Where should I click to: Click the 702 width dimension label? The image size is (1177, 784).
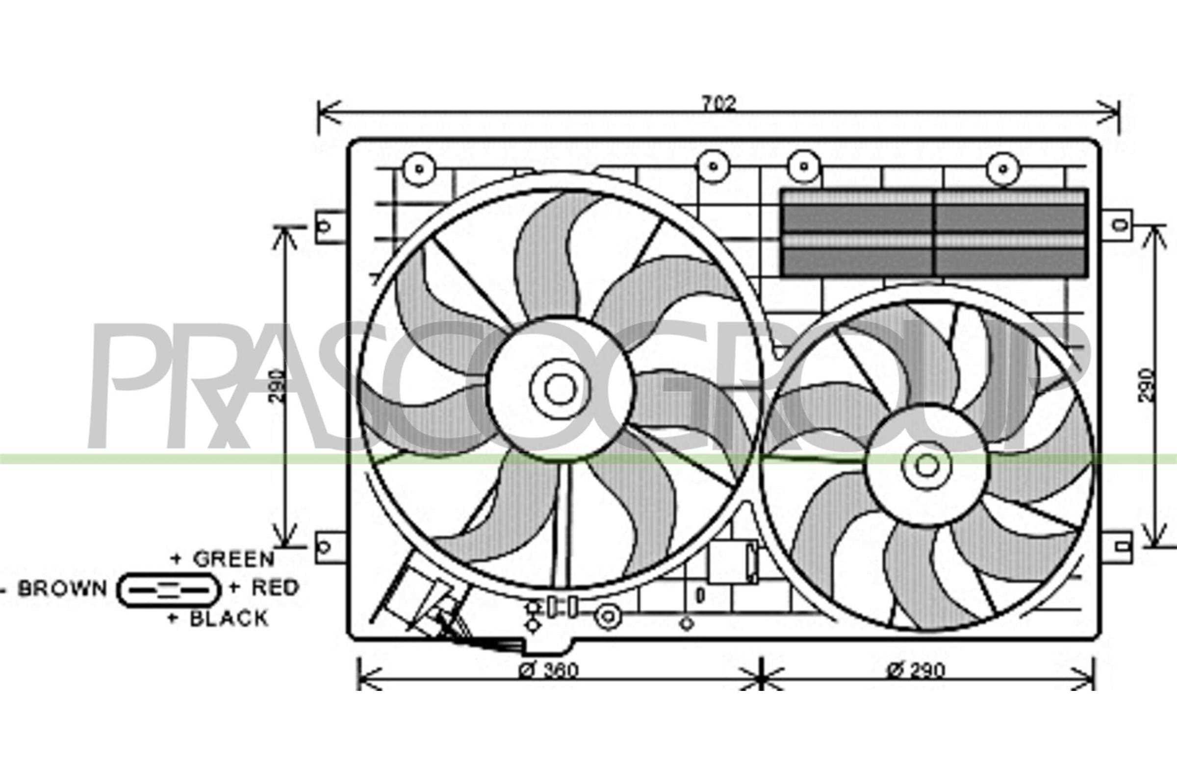pyautogui.click(x=719, y=103)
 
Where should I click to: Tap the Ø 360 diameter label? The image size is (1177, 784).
pyautogui.click(x=548, y=670)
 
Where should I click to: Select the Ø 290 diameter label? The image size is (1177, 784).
pyautogui.click(x=916, y=670)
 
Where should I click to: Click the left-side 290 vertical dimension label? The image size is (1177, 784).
pyautogui.click(x=278, y=387)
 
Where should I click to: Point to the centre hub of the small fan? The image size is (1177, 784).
pyautogui.click(x=927, y=465)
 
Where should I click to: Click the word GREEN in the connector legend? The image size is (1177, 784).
pyautogui.click(x=234, y=559)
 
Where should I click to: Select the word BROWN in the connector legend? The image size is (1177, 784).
pyautogui.click(x=62, y=588)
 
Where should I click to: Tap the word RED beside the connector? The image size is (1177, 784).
pyautogui.click(x=275, y=588)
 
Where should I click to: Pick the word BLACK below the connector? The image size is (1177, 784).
pyautogui.click(x=229, y=618)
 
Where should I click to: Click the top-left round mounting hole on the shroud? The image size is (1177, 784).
pyautogui.click(x=419, y=169)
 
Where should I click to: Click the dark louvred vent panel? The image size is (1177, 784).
pyautogui.click(x=934, y=233)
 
